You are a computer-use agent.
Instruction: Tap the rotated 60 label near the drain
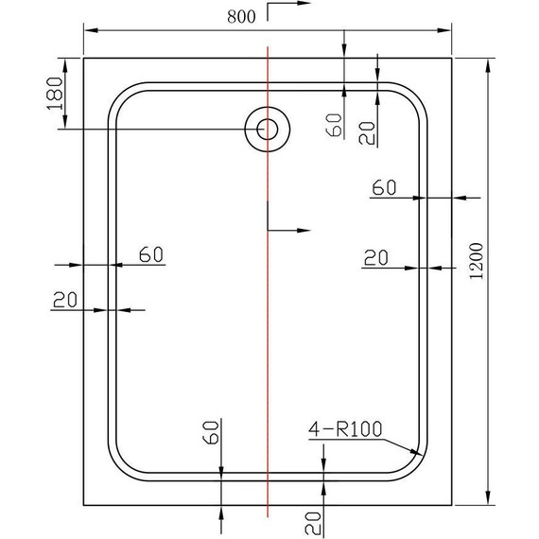(332, 124)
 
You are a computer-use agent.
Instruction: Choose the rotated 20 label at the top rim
(367, 131)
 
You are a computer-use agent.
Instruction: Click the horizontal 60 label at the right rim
(383, 187)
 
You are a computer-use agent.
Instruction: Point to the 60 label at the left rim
(151, 253)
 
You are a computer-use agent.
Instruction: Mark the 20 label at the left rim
(63, 300)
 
